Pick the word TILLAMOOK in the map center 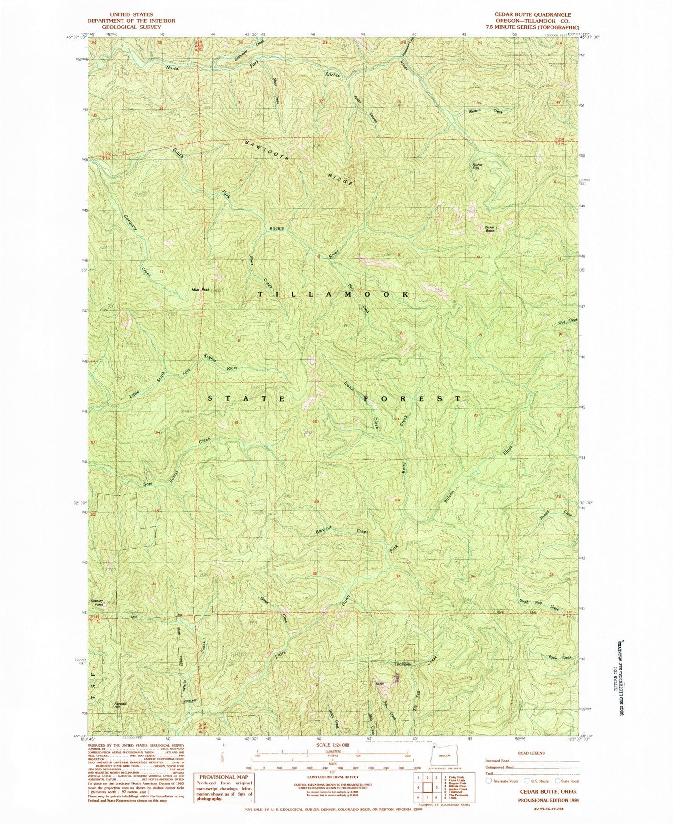pyautogui.click(x=333, y=295)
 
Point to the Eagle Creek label pyautogui.click(x=560, y=658)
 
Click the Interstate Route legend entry pyautogui.click(x=503, y=781)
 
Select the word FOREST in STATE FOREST pyautogui.click(x=412, y=399)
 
